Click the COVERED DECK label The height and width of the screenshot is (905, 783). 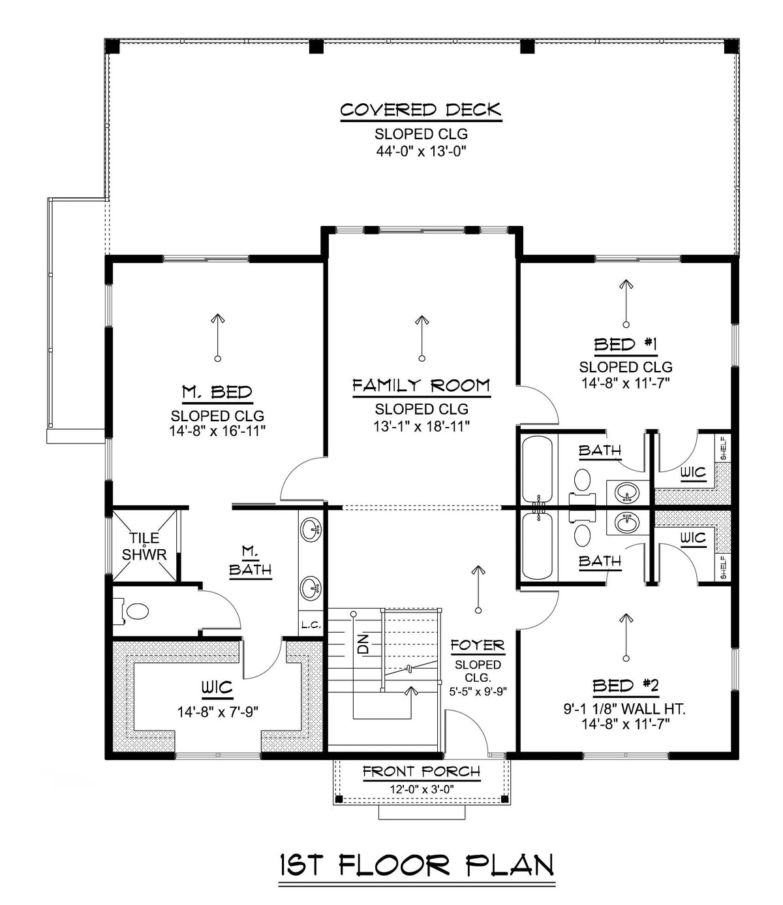(420, 110)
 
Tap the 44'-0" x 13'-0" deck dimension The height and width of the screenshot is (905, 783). (421, 151)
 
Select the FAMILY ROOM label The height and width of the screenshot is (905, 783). (421, 386)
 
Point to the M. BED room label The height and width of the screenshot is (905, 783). (217, 392)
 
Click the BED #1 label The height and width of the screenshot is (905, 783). (625, 344)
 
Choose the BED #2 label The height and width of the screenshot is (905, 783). (625, 686)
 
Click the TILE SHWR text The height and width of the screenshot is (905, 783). (144, 547)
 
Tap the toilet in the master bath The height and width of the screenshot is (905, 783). (134, 612)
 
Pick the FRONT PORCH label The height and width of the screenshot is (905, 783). (422, 772)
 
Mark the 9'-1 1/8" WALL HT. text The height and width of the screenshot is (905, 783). (625, 707)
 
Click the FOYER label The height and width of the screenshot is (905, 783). (478, 646)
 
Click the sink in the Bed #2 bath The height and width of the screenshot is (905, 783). (627, 522)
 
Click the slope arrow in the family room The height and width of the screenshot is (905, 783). (422, 338)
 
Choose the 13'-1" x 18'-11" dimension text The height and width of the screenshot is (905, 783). (421, 426)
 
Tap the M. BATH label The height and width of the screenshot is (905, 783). (249, 562)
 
